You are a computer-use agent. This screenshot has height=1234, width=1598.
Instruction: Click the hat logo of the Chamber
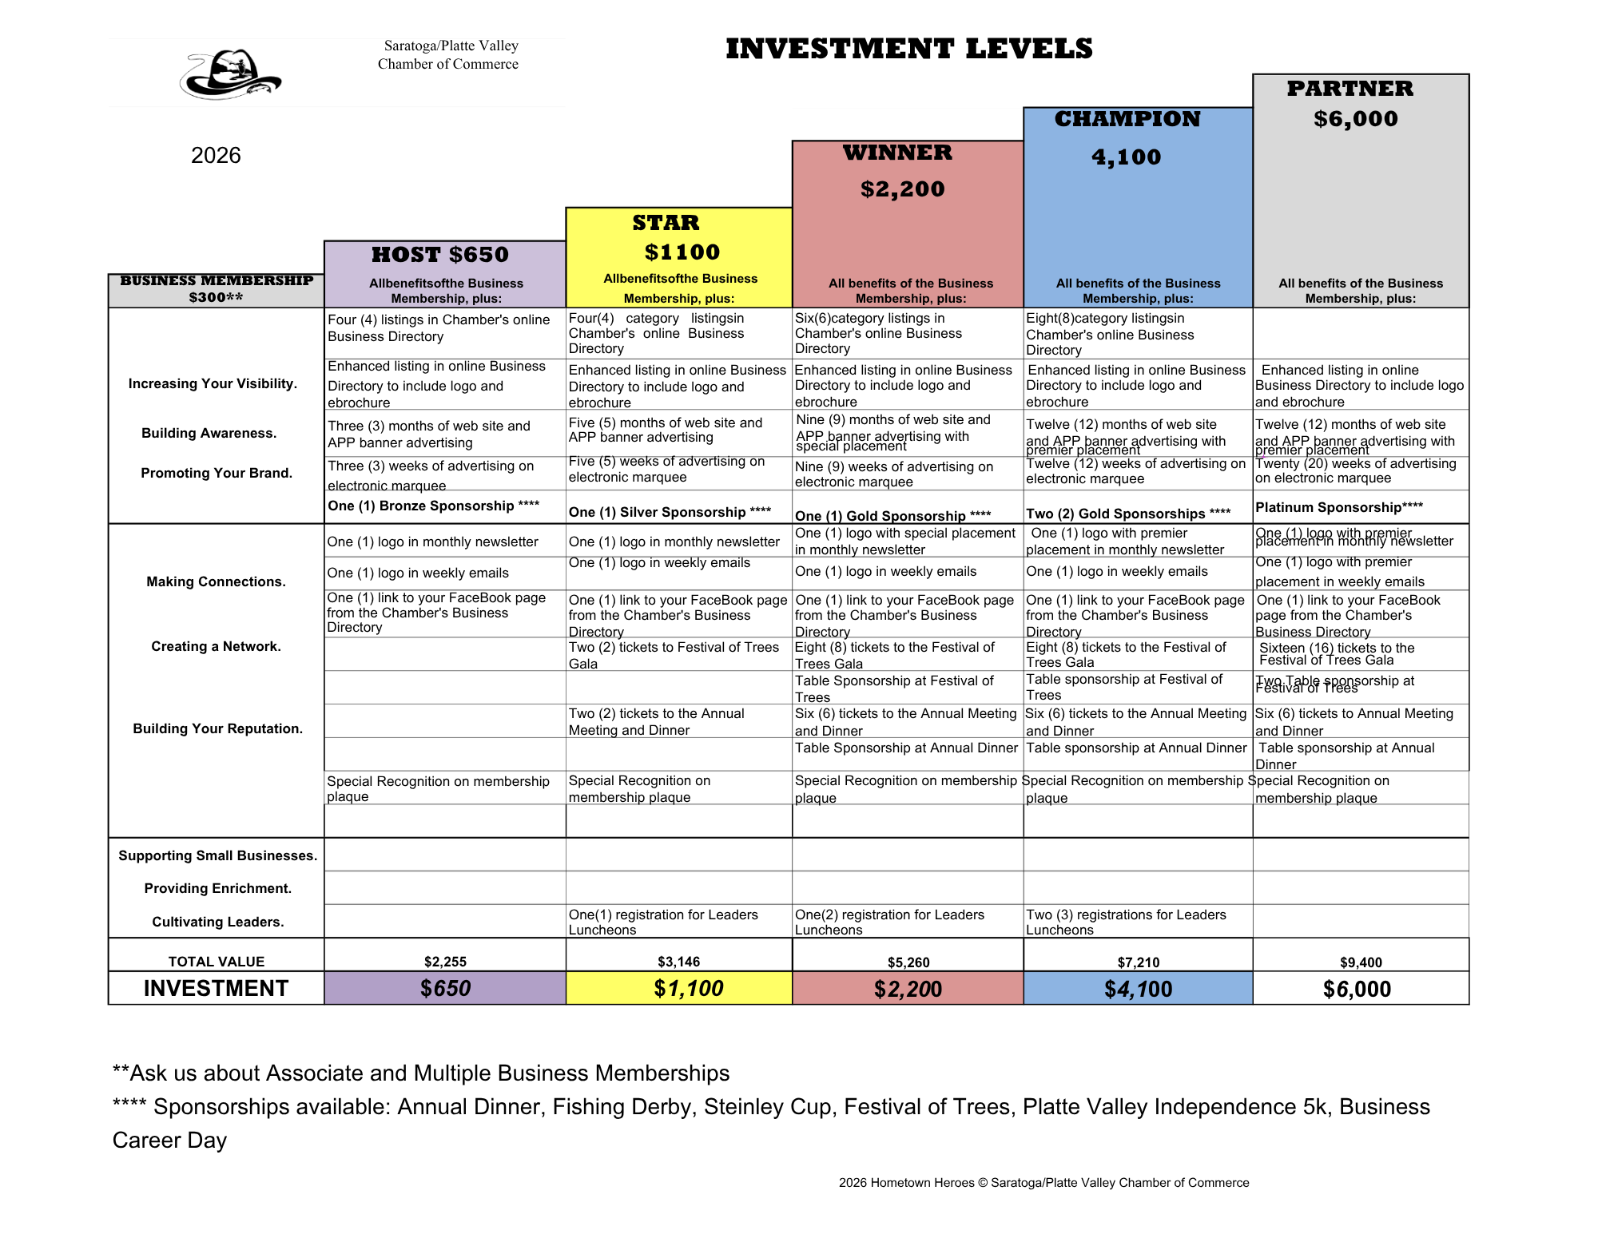(230, 75)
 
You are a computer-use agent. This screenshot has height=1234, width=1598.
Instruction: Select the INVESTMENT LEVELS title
(908, 49)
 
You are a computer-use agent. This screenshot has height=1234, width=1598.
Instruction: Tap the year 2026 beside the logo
(216, 155)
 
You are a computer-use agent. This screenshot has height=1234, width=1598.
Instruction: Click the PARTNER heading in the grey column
(1350, 89)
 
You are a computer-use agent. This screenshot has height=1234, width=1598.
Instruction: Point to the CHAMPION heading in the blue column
(1127, 119)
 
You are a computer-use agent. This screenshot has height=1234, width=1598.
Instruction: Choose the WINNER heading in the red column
(897, 153)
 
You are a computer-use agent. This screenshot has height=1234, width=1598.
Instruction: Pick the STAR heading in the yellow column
(666, 223)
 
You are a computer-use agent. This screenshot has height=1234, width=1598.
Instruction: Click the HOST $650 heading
(440, 255)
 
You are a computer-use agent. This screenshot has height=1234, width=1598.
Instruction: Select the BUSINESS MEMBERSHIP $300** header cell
(217, 289)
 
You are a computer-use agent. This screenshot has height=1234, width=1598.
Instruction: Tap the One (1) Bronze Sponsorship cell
(433, 506)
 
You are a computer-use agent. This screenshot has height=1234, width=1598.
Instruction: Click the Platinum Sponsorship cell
(1338, 507)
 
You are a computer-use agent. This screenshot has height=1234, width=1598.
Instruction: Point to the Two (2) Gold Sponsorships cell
(1127, 514)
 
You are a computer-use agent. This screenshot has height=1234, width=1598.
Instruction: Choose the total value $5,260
(908, 962)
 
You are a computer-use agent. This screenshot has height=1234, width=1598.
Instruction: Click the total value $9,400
(1361, 962)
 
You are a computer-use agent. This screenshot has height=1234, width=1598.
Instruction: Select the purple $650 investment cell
(445, 989)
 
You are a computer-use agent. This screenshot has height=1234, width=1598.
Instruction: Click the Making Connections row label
(216, 581)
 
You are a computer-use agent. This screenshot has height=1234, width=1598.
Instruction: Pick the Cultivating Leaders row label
(217, 922)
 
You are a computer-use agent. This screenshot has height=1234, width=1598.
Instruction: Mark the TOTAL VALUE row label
(216, 962)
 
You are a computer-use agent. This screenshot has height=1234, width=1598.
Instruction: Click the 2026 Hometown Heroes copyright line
(1043, 1183)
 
